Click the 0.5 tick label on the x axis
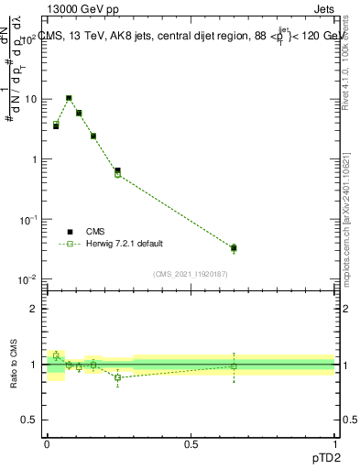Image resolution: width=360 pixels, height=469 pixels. (x=191, y=443)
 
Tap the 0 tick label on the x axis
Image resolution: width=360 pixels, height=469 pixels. (x=47, y=443)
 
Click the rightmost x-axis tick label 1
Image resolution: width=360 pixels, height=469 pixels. (x=335, y=443)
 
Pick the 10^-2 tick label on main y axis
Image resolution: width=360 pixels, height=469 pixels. (x=29, y=279)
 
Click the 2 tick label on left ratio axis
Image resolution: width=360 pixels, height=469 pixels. (x=36, y=309)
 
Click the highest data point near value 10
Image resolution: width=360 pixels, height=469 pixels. (x=69, y=98)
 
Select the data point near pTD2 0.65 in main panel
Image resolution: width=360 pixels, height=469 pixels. (x=234, y=247)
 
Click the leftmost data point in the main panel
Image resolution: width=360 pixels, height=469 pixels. (x=56, y=125)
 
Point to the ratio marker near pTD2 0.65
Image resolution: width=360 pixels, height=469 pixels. (x=234, y=366)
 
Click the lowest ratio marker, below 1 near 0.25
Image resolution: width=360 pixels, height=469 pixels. (x=117, y=377)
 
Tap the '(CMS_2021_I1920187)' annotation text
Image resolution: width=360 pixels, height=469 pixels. (x=190, y=273)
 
